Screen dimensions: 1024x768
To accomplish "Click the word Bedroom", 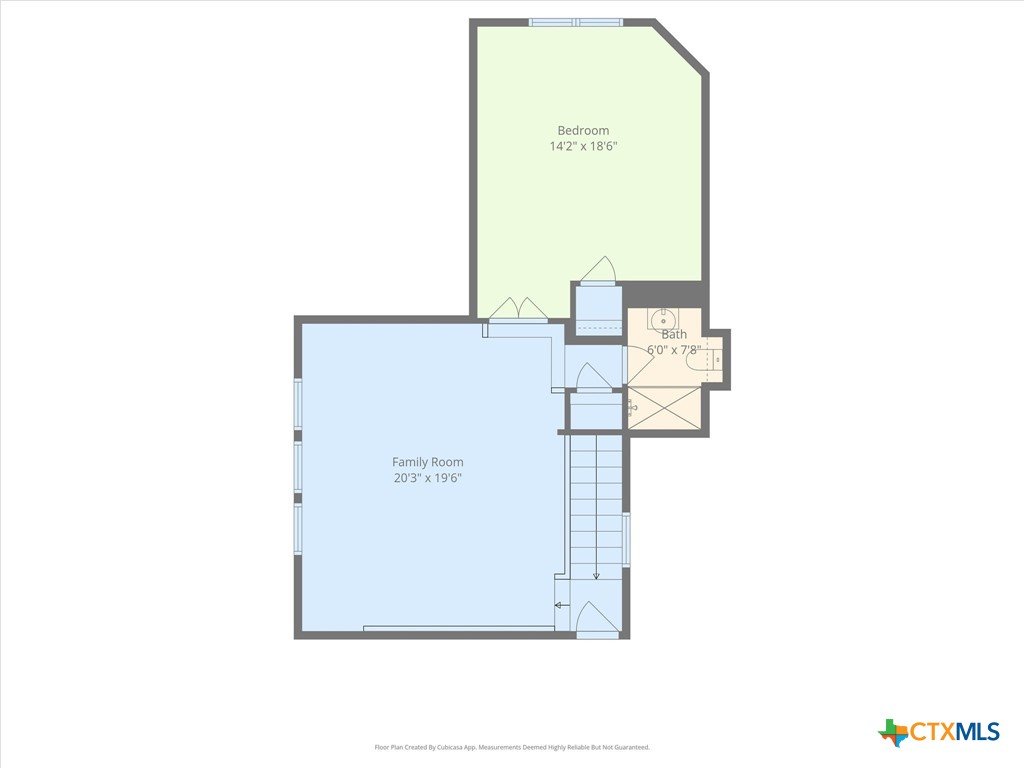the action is [x=583, y=131].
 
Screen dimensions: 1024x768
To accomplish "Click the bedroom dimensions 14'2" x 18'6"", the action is [x=583, y=146].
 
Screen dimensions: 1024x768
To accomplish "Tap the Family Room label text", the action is [x=428, y=462].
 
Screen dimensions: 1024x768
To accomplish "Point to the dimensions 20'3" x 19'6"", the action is [x=428, y=478].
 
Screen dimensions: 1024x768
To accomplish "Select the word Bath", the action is [x=674, y=334].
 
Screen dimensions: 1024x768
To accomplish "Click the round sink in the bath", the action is [x=664, y=320].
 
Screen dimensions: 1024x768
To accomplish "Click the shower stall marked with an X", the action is [x=664, y=408].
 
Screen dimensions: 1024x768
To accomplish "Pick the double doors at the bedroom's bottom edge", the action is [x=519, y=309].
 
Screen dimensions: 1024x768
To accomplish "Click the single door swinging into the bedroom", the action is [x=599, y=270].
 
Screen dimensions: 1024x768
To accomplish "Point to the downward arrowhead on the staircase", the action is [x=596, y=575].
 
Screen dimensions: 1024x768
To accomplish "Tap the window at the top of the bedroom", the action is [x=576, y=22].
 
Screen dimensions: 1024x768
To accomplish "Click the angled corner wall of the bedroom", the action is [x=679, y=47].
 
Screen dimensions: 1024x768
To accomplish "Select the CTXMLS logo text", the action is [x=955, y=731].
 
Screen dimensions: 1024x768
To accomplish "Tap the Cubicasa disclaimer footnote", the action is [x=512, y=747].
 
